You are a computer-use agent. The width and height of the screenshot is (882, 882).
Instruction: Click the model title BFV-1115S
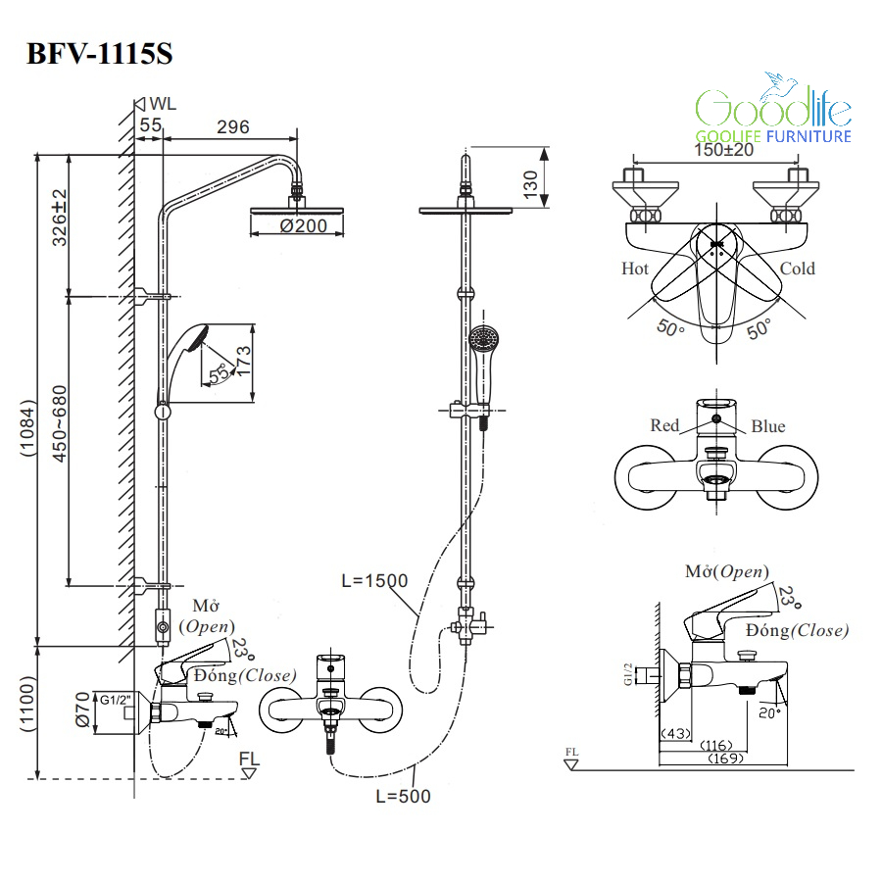[x=99, y=53]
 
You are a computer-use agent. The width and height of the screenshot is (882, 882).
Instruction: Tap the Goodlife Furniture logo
[x=773, y=112]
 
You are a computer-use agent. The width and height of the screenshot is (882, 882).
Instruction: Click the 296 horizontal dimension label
[x=232, y=126]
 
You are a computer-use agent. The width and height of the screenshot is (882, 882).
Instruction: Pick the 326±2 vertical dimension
[x=59, y=217]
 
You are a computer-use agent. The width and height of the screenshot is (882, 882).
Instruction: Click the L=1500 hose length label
[x=374, y=580]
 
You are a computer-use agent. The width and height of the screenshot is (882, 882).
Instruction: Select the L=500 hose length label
[x=403, y=797]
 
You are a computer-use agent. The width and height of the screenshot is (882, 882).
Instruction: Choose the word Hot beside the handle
[x=635, y=268]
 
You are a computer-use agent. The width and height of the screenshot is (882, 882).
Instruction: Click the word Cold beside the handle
[x=797, y=268]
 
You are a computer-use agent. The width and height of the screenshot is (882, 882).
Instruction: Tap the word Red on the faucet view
[x=664, y=425]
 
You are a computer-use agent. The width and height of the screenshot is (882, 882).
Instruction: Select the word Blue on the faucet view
[x=768, y=425]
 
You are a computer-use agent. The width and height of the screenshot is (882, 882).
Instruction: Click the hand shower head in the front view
[x=482, y=340]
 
